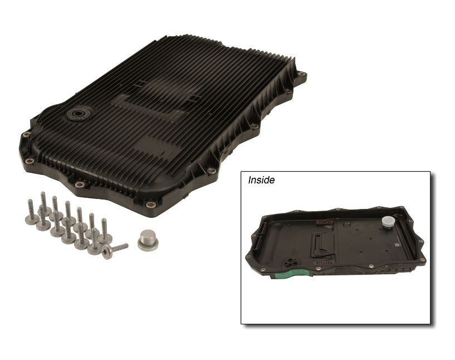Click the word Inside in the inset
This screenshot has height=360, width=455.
[261, 180]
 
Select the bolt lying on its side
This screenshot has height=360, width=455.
[114, 249]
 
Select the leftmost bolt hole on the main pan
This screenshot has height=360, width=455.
[25, 134]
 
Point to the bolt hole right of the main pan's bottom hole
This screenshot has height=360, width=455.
[212, 171]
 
